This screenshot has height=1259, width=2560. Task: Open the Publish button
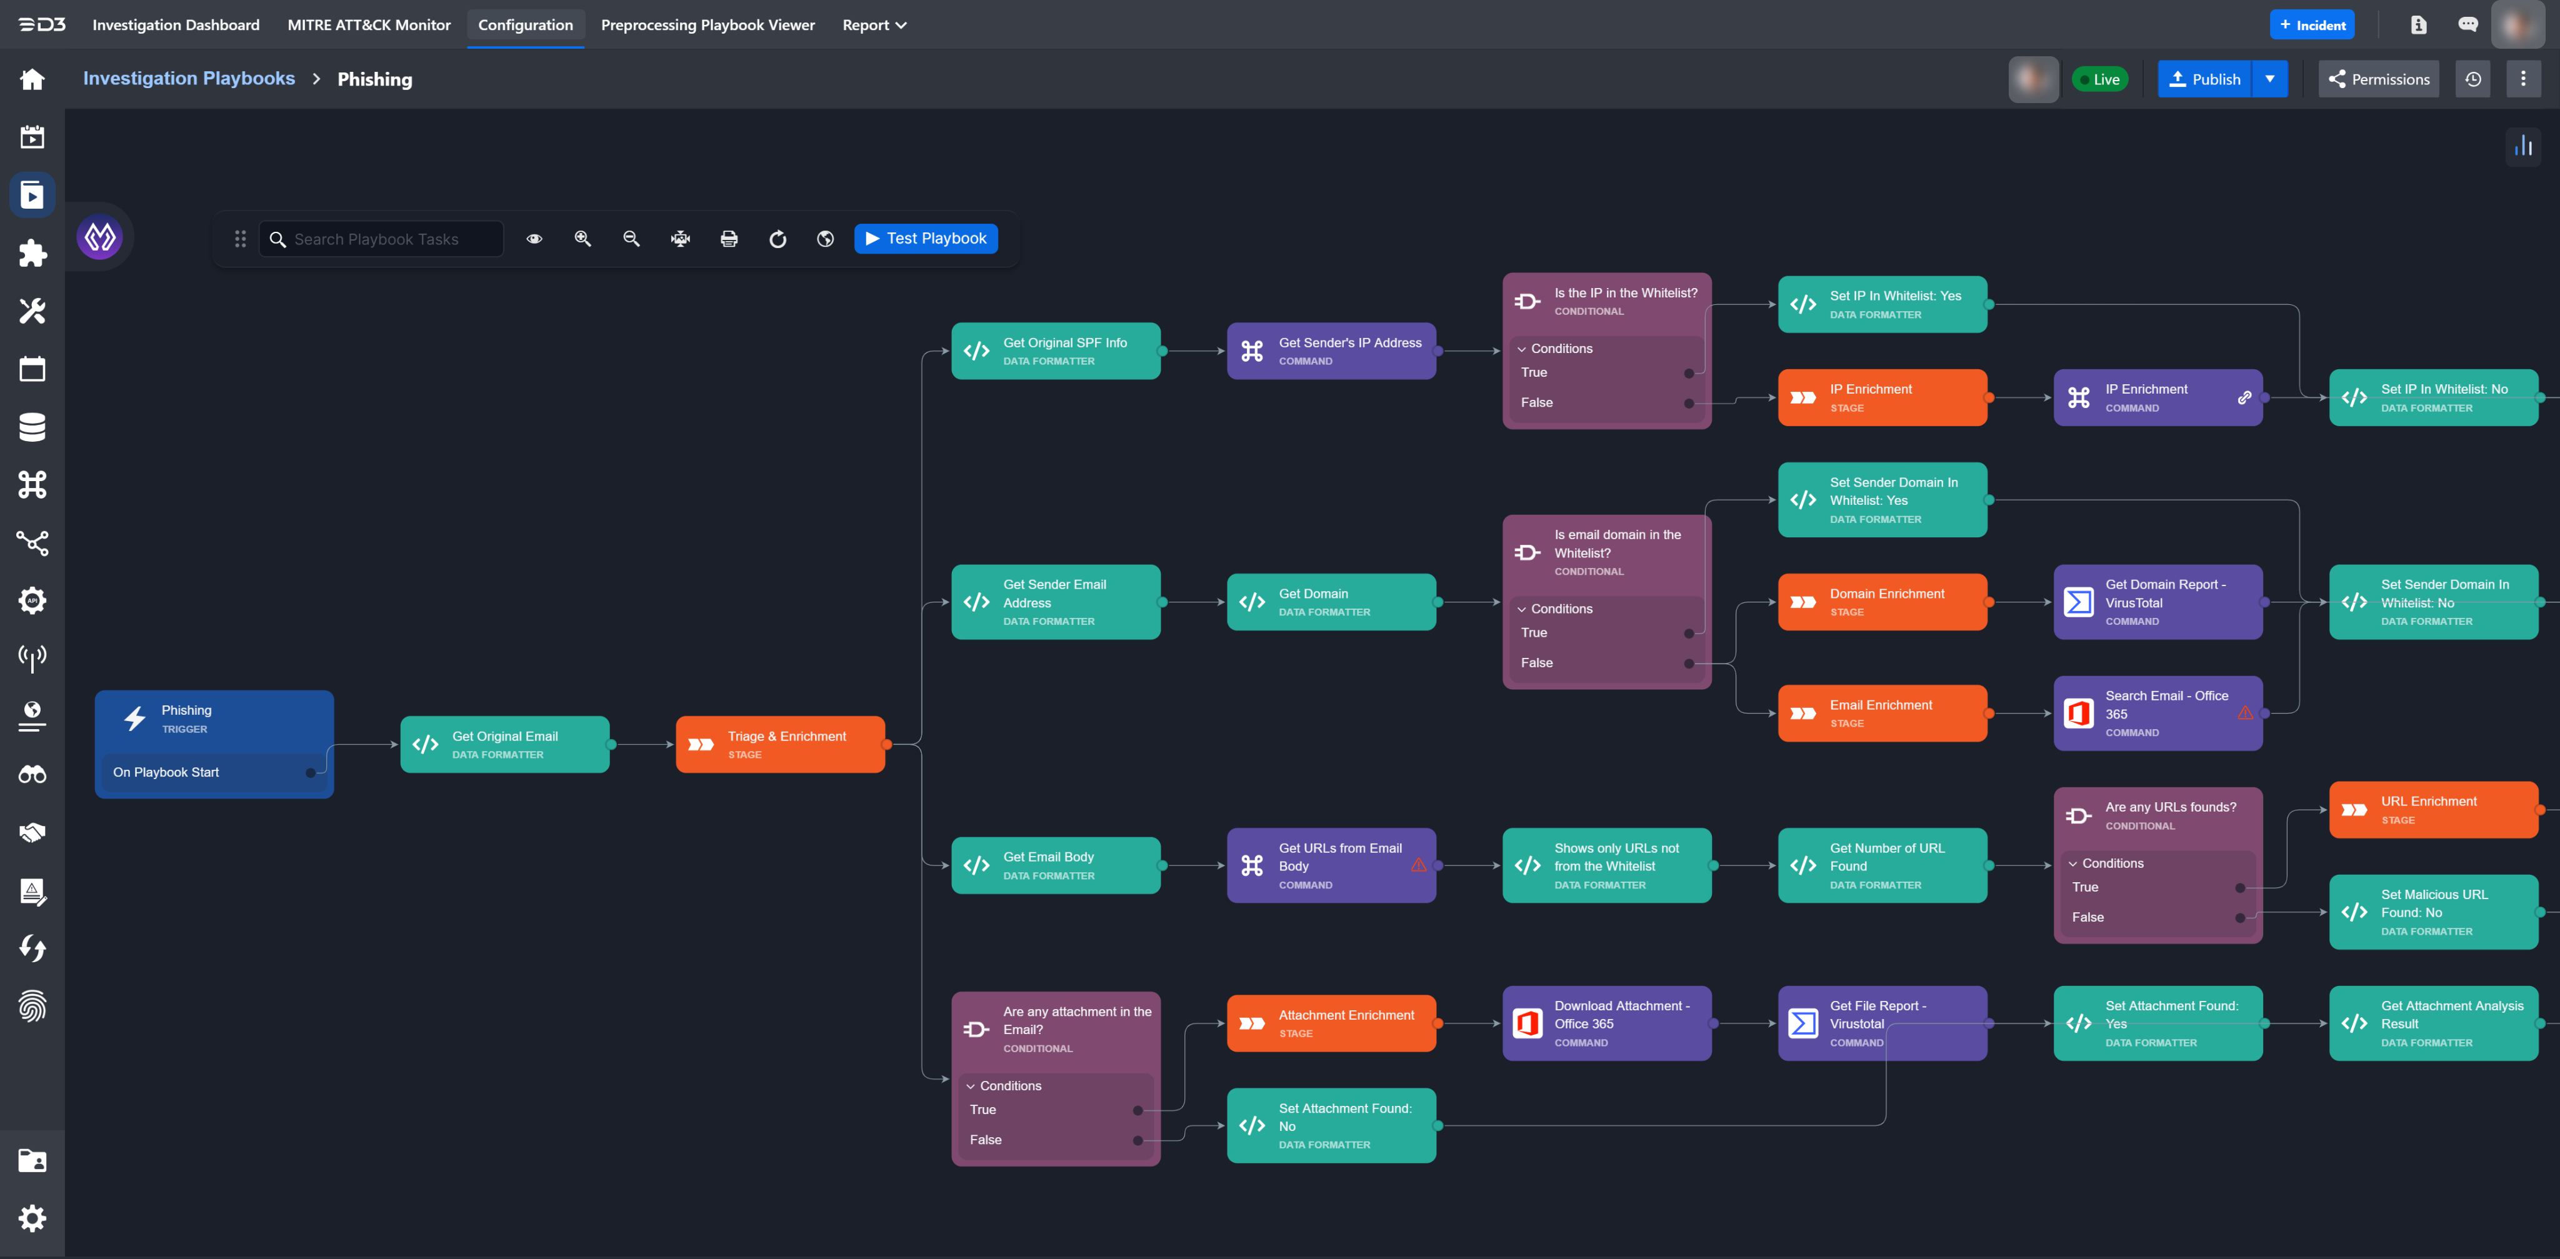2204,79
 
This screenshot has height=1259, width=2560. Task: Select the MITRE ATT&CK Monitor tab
369,25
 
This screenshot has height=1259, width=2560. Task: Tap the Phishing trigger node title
187,710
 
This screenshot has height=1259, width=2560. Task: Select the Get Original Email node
505,744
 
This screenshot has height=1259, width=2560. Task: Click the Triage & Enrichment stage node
780,744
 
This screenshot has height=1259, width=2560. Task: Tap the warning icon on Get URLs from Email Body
1418,865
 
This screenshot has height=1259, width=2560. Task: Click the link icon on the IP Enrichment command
2244,397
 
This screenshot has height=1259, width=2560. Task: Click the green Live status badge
2100,79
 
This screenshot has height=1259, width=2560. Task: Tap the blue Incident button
2311,25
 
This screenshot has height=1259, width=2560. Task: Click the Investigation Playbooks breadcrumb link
189,79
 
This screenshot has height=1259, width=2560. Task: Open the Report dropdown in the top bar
874,25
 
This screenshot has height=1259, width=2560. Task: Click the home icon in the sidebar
32,79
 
